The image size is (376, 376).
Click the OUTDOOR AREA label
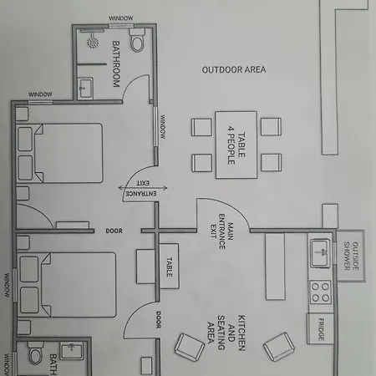[x=234, y=69]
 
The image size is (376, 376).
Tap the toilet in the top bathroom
[x=137, y=40]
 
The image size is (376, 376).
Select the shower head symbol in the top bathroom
[x=93, y=43]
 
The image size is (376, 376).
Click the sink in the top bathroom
[x=85, y=88]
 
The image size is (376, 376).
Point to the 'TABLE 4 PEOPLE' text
[x=236, y=145]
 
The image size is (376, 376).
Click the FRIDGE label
[x=321, y=329]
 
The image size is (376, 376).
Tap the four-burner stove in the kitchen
[x=320, y=292]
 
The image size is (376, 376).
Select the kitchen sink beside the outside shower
[x=320, y=253]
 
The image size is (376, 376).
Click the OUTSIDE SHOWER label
[x=351, y=256]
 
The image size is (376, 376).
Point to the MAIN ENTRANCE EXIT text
[x=221, y=231]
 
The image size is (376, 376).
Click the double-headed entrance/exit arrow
[x=143, y=188]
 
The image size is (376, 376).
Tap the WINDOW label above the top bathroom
[x=121, y=18]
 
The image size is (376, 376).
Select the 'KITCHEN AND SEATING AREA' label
[x=226, y=333]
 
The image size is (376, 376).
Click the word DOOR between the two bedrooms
[x=114, y=231]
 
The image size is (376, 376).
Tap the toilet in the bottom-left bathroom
[x=36, y=353]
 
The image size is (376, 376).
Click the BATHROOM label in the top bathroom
[x=116, y=64]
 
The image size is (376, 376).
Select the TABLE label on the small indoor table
[x=169, y=267]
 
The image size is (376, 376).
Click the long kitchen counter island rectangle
[x=275, y=267]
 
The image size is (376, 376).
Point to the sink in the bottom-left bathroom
[x=72, y=351]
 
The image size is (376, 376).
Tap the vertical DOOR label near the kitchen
[x=158, y=320]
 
